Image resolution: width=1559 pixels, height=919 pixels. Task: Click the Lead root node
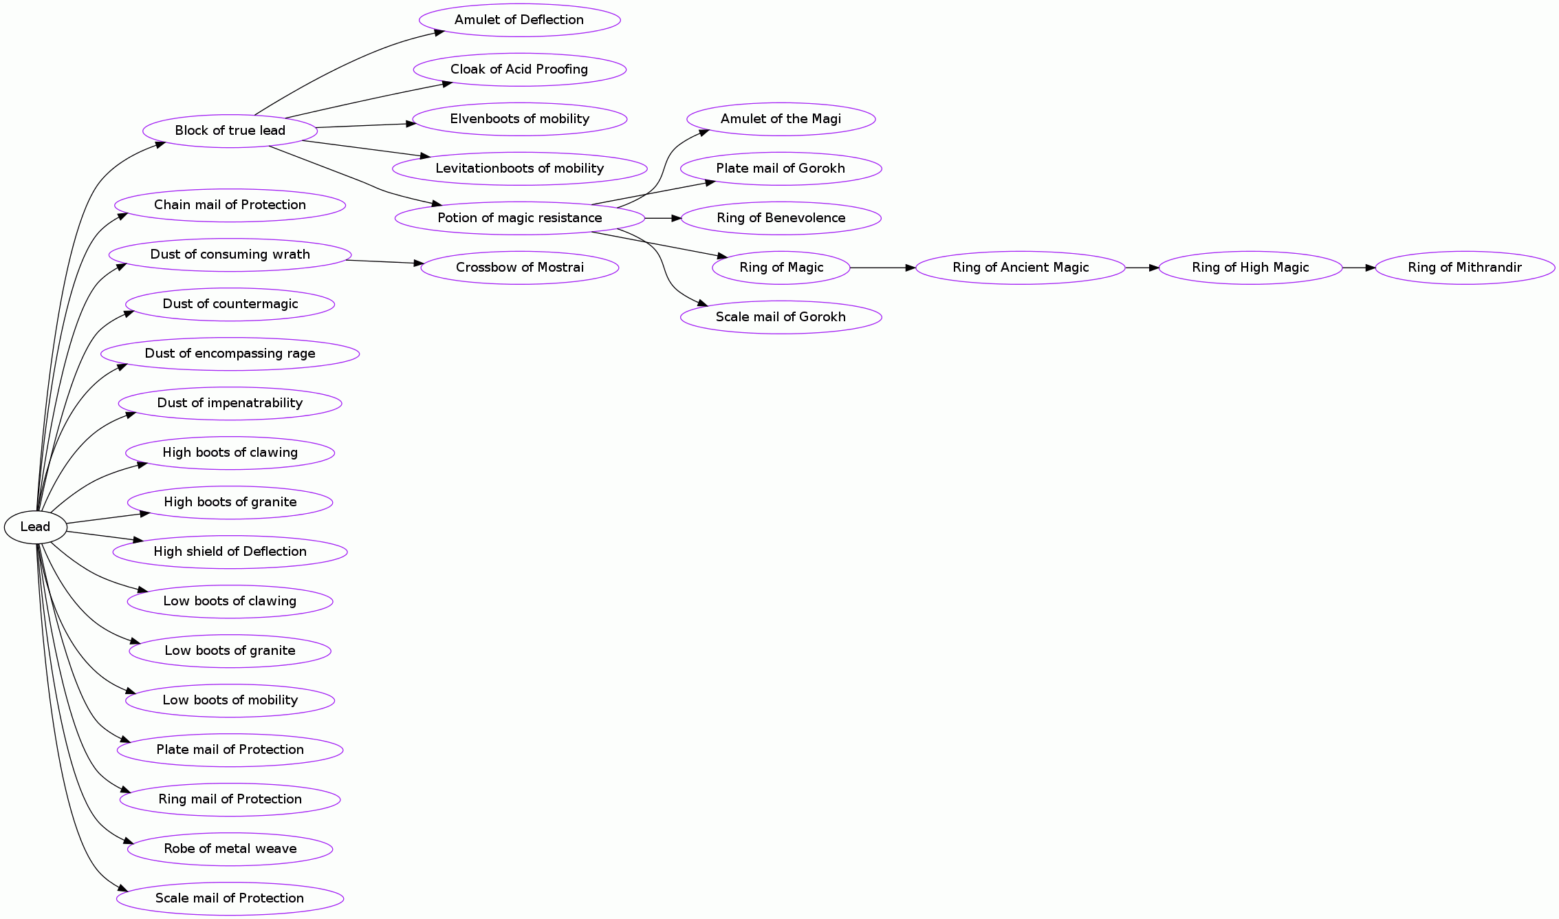tap(35, 527)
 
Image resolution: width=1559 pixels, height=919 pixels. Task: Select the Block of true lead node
tap(230, 131)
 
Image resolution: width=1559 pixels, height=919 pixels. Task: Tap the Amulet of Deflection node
tap(519, 20)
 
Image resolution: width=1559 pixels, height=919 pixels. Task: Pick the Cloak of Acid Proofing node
tap(519, 69)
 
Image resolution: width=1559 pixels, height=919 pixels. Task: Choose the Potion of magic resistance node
tap(519, 218)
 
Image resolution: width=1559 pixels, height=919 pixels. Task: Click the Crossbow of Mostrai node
tap(519, 268)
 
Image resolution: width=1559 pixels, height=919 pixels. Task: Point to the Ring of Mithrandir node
tap(1464, 268)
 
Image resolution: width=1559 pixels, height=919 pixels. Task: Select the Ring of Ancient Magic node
tap(1020, 268)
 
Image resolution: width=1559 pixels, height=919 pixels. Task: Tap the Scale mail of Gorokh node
tap(781, 317)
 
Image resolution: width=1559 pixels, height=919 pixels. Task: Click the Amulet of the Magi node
tap(781, 119)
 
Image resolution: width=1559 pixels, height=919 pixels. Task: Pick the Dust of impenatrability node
tap(230, 403)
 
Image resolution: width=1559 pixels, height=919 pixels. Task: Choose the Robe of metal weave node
tap(230, 849)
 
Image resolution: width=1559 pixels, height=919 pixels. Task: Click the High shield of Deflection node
tap(230, 552)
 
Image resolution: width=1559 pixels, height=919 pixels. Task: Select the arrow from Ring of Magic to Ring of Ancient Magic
tap(882, 268)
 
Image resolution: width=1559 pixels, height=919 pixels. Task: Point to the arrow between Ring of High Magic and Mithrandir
tap(1358, 268)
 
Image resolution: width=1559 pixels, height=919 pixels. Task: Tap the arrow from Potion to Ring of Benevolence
tap(662, 218)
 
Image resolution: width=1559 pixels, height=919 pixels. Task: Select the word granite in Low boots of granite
tap(272, 651)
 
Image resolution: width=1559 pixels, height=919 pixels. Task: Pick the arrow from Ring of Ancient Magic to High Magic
tap(1142, 268)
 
